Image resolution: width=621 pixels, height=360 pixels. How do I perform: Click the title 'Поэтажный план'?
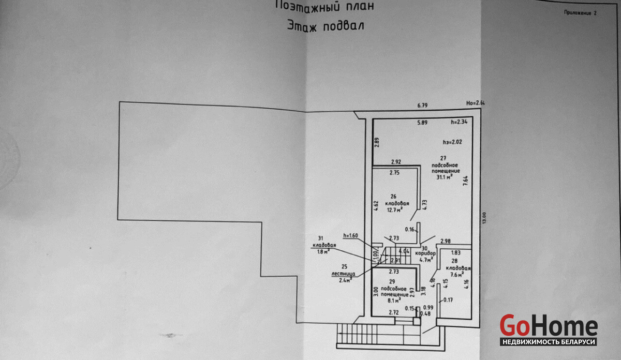324,7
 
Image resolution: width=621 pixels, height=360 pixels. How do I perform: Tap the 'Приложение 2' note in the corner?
580,14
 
